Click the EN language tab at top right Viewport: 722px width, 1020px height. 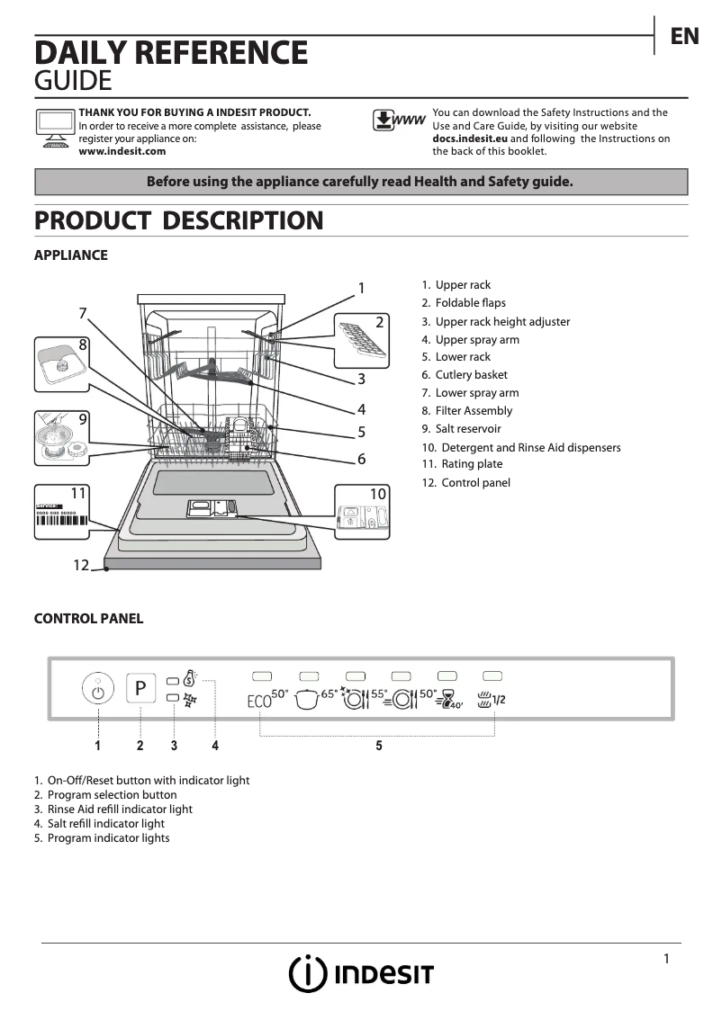(684, 36)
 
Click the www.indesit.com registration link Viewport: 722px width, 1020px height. (122, 152)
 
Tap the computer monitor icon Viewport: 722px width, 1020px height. (54, 127)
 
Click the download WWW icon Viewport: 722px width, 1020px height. (398, 121)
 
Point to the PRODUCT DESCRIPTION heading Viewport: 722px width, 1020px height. (178, 220)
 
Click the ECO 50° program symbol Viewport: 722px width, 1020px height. (267, 698)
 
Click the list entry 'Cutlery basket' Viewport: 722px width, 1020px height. (471, 375)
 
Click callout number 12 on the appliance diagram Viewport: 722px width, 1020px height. (81, 565)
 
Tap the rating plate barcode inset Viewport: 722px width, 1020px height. (62, 514)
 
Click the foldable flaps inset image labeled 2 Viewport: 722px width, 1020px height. (363, 339)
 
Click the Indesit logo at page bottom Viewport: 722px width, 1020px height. (361, 974)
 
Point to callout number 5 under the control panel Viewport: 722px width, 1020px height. (379, 746)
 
